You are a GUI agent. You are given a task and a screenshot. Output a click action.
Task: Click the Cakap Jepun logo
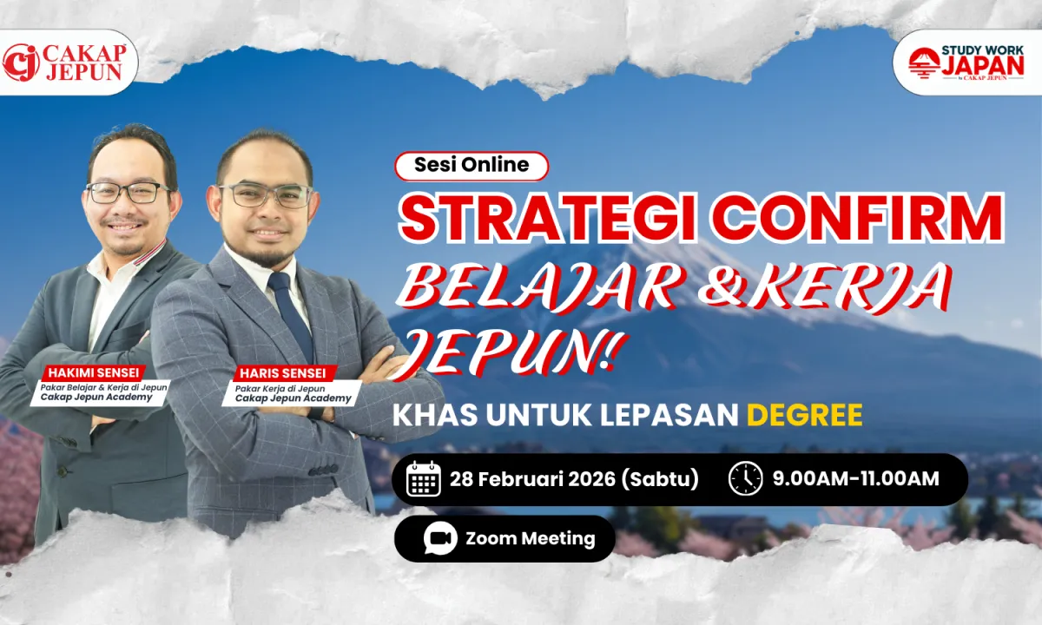[x=64, y=62]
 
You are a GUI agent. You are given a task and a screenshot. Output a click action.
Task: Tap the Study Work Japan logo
[x=966, y=62]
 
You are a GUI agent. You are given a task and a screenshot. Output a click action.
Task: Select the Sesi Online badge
[x=472, y=166]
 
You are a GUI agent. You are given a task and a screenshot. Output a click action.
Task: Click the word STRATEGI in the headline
[x=548, y=219]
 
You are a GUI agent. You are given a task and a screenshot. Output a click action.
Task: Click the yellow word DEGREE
[x=805, y=415]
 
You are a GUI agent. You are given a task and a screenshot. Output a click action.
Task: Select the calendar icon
[x=424, y=479]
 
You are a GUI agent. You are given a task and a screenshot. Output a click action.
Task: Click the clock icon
[x=746, y=478]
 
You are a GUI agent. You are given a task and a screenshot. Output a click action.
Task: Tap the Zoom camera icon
[x=440, y=538]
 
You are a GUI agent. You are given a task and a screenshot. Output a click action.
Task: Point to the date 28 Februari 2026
[x=532, y=479]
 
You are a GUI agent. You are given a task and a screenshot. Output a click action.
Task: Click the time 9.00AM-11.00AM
[x=856, y=479]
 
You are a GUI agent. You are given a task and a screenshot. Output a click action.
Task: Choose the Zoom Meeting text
[x=531, y=538]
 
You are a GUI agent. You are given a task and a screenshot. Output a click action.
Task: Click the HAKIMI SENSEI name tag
[x=94, y=373]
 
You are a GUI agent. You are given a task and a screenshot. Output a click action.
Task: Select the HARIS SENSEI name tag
[x=283, y=373]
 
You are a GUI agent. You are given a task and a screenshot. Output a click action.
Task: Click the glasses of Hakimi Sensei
[x=128, y=192]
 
